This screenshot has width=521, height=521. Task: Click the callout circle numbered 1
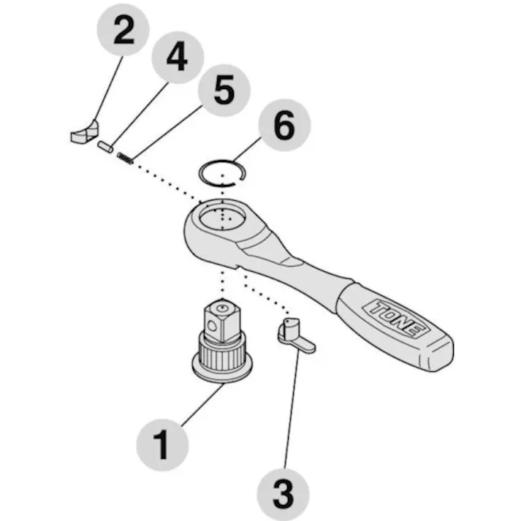(x=162, y=444)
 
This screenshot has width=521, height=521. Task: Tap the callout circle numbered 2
(x=123, y=30)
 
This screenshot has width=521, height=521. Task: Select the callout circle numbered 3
(x=283, y=495)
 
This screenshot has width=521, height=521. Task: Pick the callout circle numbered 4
(x=178, y=57)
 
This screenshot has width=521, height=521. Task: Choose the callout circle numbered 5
(x=224, y=91)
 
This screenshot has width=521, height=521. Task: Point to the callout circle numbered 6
(x=284, y=125)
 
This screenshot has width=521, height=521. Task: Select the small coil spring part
(x=125, y=158)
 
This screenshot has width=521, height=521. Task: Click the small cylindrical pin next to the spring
(x=105, y=147)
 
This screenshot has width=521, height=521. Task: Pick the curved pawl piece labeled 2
(x=84, y=132)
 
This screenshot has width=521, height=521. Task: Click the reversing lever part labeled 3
(x=296, y=335)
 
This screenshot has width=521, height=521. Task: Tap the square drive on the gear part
(x=221, y=320)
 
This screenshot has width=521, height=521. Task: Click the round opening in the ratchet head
(x=222, y=218)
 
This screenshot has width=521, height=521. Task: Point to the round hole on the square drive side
(x=212, y=327)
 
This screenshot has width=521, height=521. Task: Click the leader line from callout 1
(x=202, y=405)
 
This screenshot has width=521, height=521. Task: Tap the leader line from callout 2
(x=109, y=88)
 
